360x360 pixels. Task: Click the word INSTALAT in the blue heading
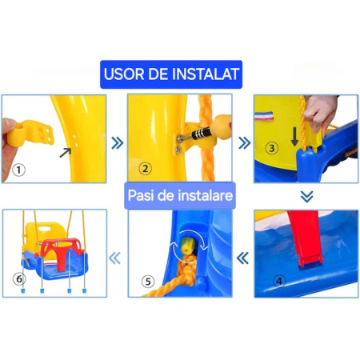pos(205,74)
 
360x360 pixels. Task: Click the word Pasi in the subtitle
pos(141,195)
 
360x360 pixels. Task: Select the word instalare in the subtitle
pos(206,195)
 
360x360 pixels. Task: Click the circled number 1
pos(18,170)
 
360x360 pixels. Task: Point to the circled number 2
pos(146,169)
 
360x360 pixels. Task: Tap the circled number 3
pos(272,148)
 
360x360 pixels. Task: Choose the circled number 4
pos(279,282)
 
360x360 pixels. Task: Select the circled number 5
pos(148,282)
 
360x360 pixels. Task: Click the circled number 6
pos(19,279)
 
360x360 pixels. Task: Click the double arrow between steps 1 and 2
pos(118,143)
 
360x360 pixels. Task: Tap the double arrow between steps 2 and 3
pos(244,143)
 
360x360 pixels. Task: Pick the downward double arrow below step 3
pos(307,197)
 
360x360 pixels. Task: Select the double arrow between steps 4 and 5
pos(242,258)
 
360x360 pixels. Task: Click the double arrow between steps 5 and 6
pos(114,258)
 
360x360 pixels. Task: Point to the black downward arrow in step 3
pos(294,137)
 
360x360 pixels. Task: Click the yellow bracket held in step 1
pos(30,133)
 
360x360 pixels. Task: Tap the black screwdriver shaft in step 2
pos(201,133)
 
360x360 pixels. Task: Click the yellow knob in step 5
pos(187,245)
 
